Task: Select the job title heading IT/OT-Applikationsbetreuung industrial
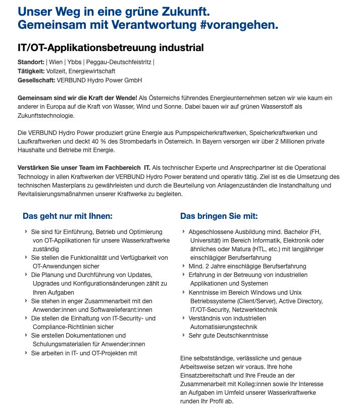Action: coord(111,48)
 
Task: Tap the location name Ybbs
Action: coord(74,62)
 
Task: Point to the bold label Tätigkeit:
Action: coord(31,71)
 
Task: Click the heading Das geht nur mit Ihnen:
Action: coord(68,216)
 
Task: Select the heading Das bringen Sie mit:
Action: coord(219,216)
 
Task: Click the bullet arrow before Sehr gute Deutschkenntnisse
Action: coord(183,335)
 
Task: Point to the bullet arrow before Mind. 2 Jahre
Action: coord(183,266)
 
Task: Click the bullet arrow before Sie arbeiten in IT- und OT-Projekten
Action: coord(26,353)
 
